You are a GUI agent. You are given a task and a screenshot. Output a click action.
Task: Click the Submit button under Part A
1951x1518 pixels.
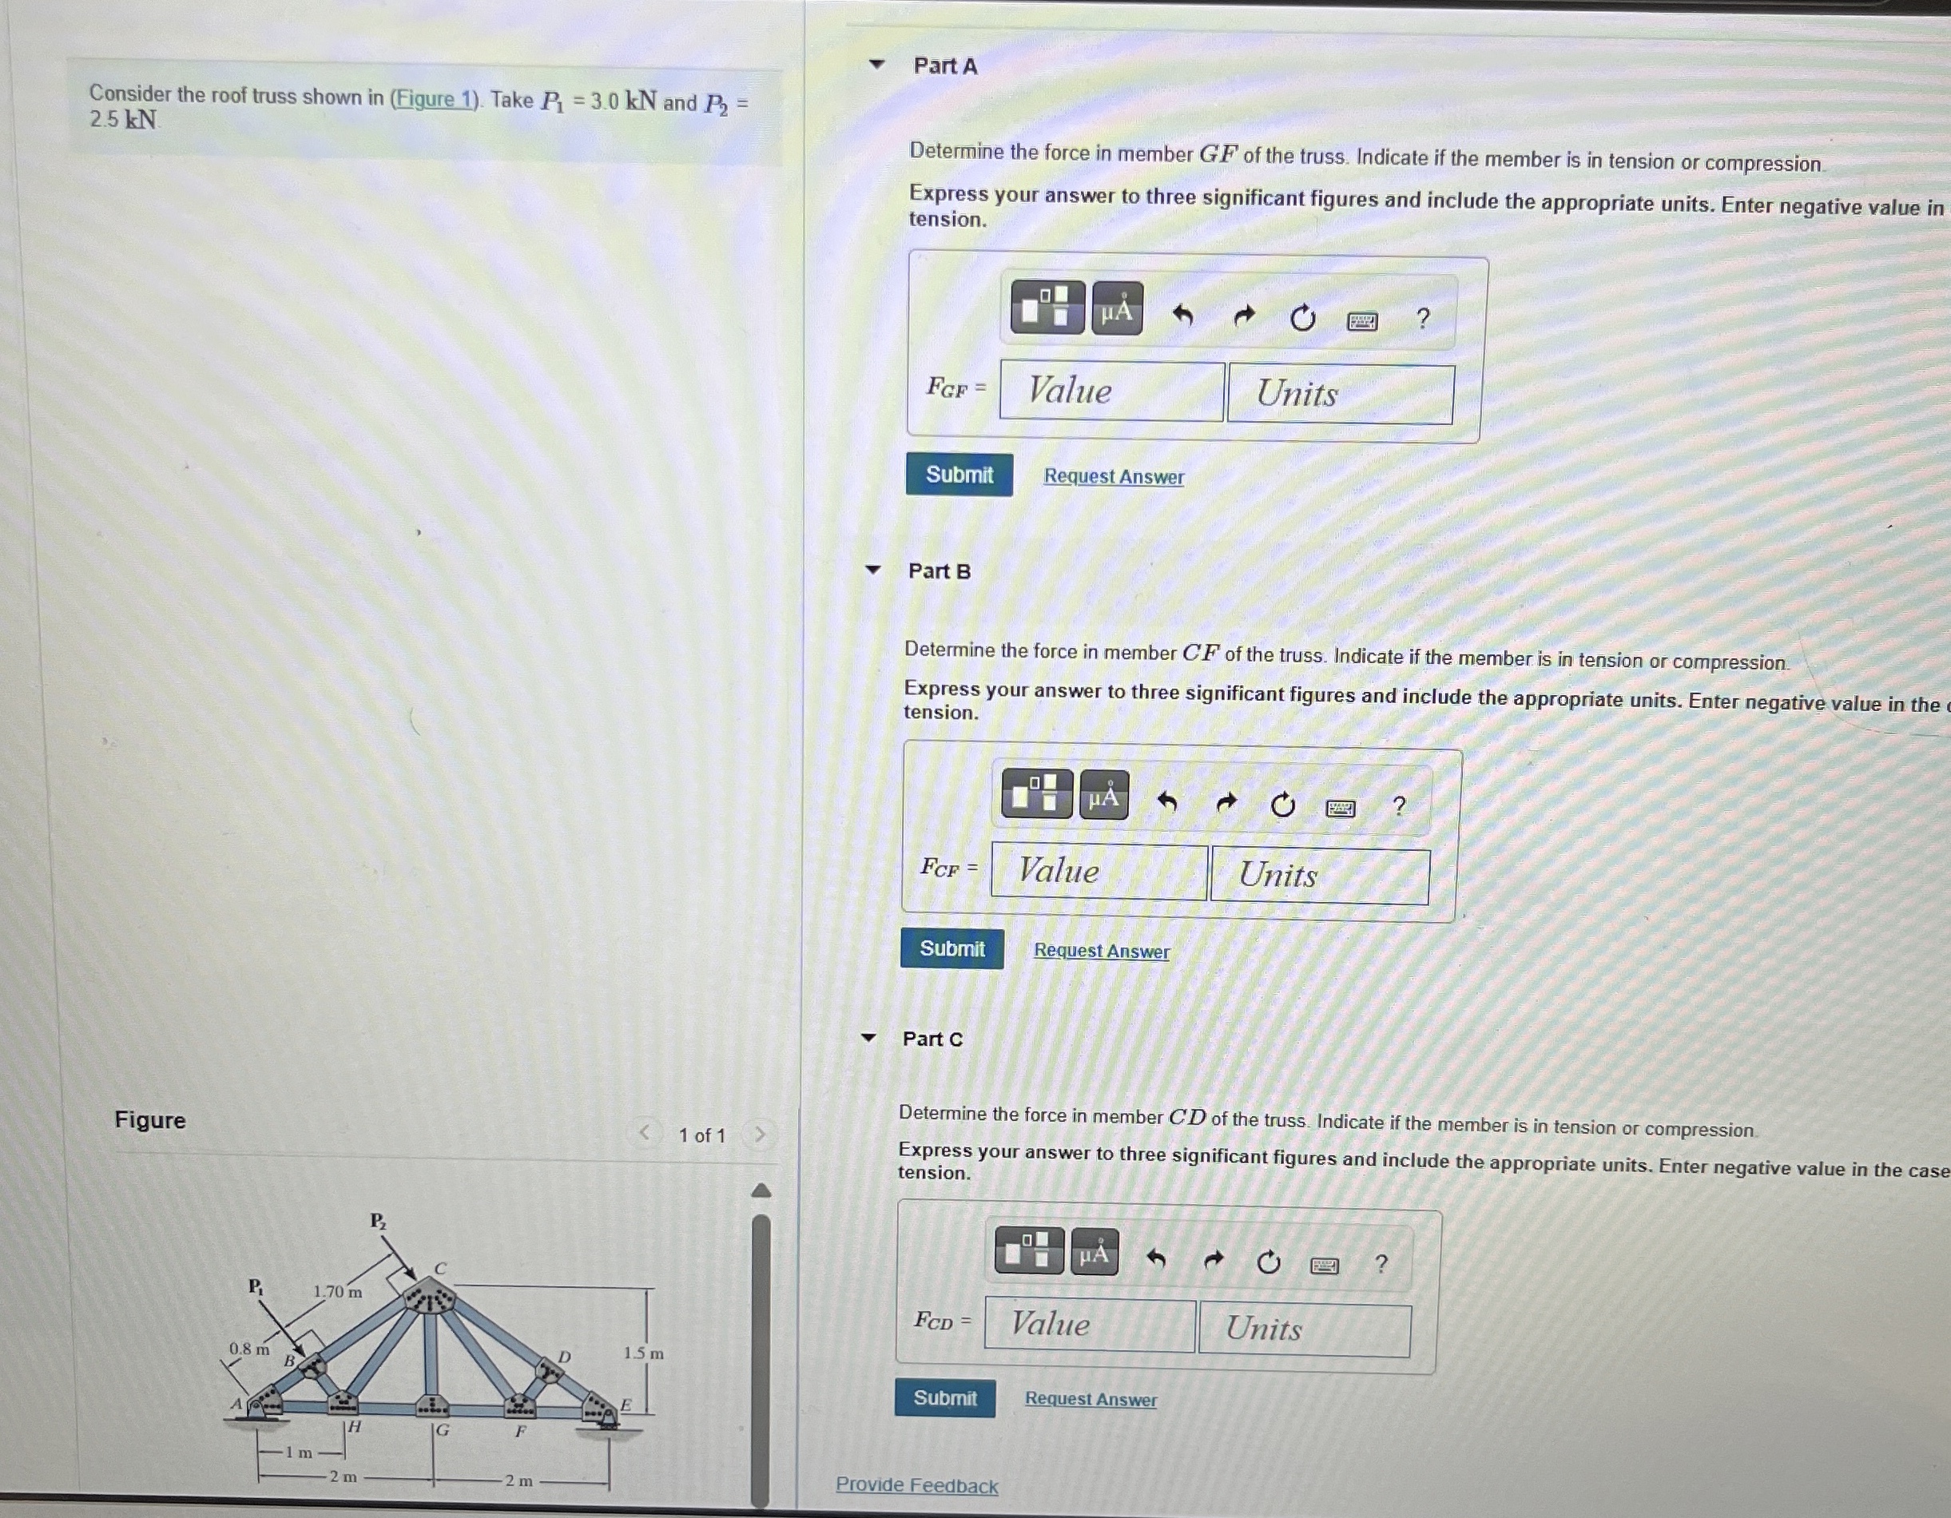pos(959,475)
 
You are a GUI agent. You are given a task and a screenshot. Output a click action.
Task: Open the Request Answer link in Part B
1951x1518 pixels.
pos(1101,951)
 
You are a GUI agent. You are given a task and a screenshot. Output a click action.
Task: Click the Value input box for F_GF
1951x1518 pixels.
pos(1111,391)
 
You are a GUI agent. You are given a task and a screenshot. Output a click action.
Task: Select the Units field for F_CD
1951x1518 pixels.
pos(1303,1329)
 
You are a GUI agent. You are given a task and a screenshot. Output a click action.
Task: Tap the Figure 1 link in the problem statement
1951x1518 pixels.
pos(436,98)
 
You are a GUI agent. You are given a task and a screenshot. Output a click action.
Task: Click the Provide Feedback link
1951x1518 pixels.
pos(916,1485)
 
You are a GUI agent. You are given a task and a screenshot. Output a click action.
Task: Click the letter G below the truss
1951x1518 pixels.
pos(442,1430)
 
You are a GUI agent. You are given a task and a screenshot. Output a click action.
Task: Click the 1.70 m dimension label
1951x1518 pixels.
pos(338,1292)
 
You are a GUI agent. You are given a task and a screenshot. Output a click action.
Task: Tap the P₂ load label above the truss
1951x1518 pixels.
pos(378,1221)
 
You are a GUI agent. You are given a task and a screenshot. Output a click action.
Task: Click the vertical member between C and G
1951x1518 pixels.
pos(431,1353)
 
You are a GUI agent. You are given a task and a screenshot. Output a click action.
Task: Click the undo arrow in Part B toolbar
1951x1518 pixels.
pos(1166,801)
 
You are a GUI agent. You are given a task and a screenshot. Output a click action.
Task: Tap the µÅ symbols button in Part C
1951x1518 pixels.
pos(1095,1254)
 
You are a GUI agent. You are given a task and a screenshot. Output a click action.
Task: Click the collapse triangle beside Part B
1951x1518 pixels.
pos(872,570)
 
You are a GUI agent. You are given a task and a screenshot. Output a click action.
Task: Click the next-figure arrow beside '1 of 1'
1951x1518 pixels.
pos(761,1135)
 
